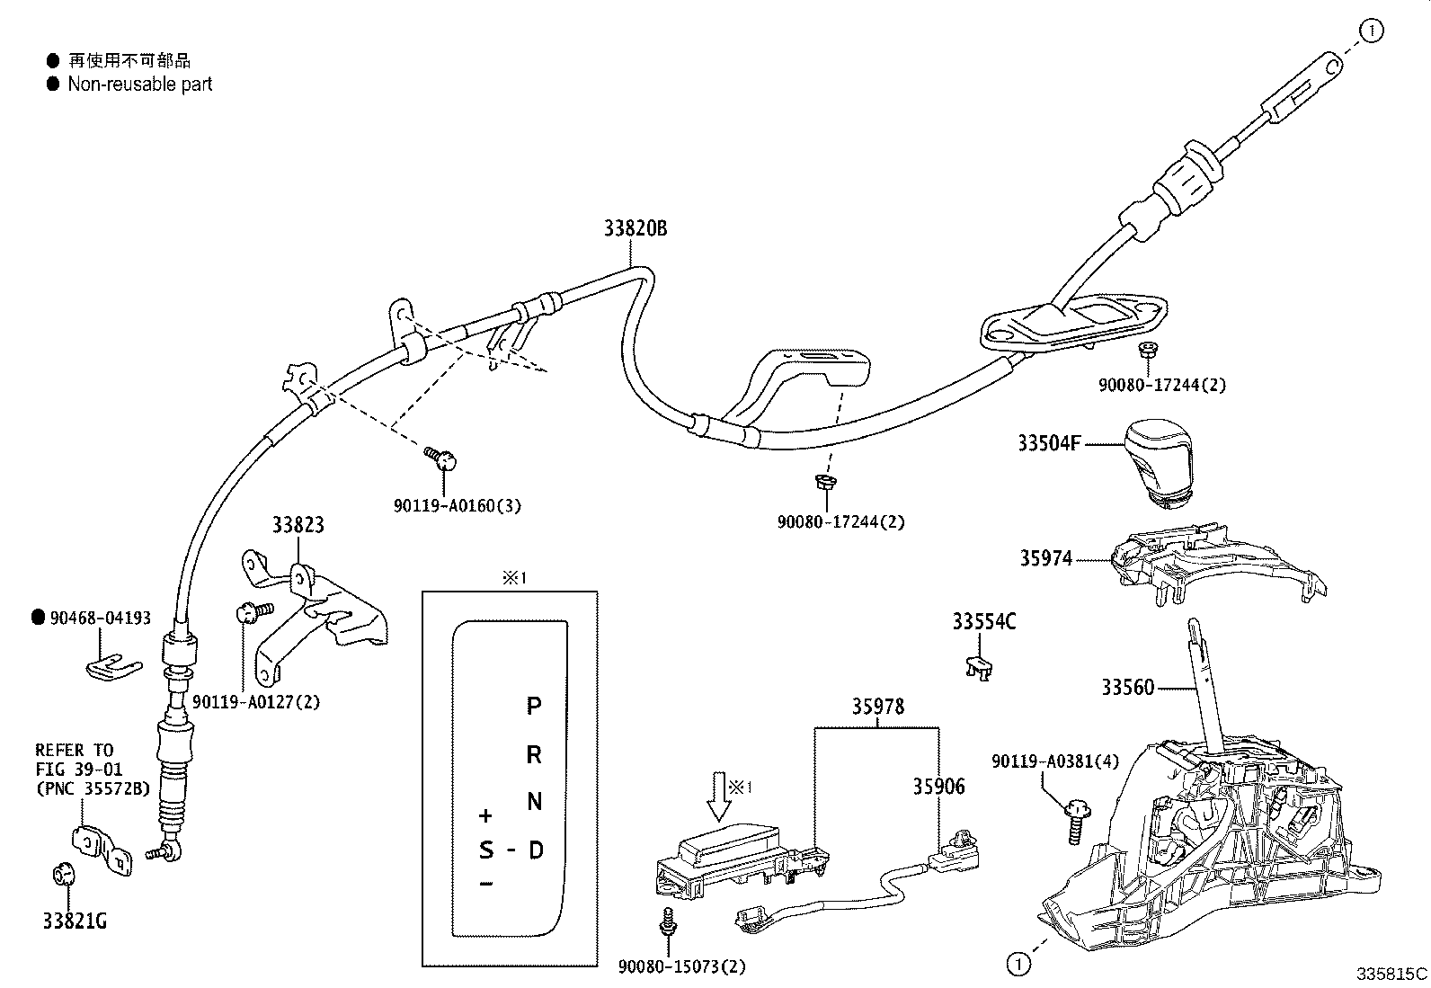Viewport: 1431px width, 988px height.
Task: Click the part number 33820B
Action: [635, 228]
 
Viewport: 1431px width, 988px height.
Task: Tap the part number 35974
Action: [1045, 558]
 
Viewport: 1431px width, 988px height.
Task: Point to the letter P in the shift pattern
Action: [534, 706]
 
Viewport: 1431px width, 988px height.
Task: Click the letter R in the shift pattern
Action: [534, 754]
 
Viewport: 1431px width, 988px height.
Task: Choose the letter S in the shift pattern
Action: [486, 850]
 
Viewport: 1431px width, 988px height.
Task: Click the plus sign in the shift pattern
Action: [486, 816]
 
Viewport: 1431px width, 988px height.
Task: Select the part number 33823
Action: [298, 524]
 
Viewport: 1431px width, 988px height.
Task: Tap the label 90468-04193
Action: [101, 618]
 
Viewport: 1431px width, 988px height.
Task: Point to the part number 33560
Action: [1127, 688]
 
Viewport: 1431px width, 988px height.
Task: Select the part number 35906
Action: [938, 787]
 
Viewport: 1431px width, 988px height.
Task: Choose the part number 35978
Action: [878, 707]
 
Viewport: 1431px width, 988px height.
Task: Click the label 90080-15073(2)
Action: [682, 966]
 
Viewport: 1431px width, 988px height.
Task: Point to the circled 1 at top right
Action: [1372, 31]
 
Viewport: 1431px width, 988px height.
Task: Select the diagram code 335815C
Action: [1392, 974]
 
